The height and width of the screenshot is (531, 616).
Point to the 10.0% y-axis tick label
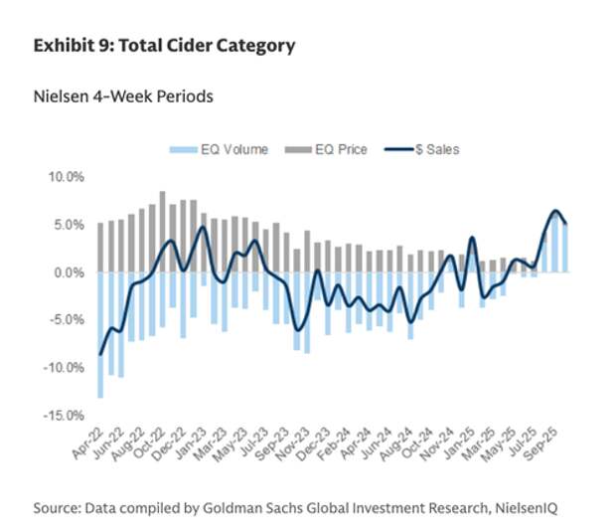tap(68, 176)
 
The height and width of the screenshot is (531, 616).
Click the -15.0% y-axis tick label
tap(66, 415)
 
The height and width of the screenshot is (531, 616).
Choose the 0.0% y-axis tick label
tap(71, 272)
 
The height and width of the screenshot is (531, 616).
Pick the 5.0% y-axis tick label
tap(71, 225)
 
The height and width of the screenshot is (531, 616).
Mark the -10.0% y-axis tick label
tap(66, 368)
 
